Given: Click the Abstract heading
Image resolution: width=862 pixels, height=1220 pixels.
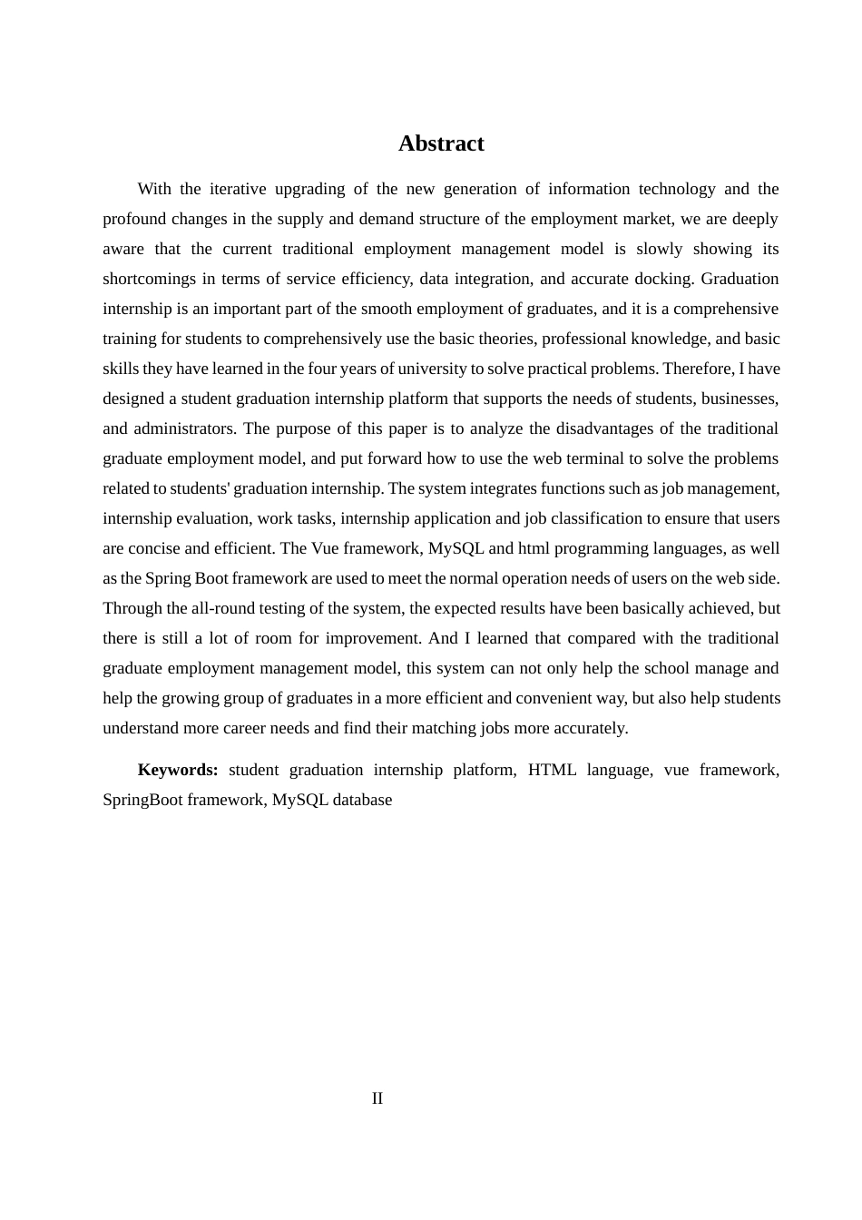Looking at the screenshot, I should tap(441, 143).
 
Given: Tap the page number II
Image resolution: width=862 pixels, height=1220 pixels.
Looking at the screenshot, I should tap(377, 1098).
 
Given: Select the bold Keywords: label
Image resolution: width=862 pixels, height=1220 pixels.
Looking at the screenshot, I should tap(178, 770).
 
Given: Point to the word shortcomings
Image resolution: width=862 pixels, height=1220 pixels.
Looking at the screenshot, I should tap(149, 279).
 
